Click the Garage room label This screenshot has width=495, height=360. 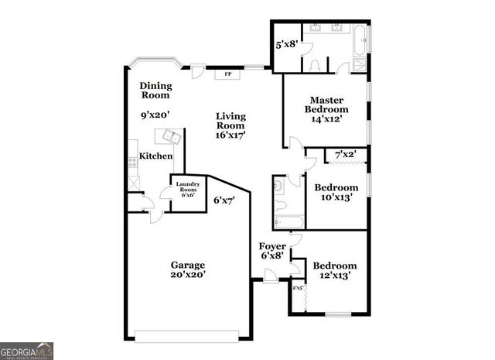click(188, 265)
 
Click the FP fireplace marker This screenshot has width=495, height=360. click(227, 74)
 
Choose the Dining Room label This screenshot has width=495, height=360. click(155, 91)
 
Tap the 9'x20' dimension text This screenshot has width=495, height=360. click(155, 115)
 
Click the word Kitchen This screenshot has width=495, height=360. click(155, 156)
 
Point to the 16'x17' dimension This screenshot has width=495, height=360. click(230, 135)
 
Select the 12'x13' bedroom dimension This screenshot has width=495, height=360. click(334, 274)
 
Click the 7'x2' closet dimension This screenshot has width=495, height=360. click(345, 155)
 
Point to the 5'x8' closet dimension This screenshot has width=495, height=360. click(287, 45)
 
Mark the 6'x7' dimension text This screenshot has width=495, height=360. click(224, 200)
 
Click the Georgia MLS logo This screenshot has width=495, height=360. click(27, 351)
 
